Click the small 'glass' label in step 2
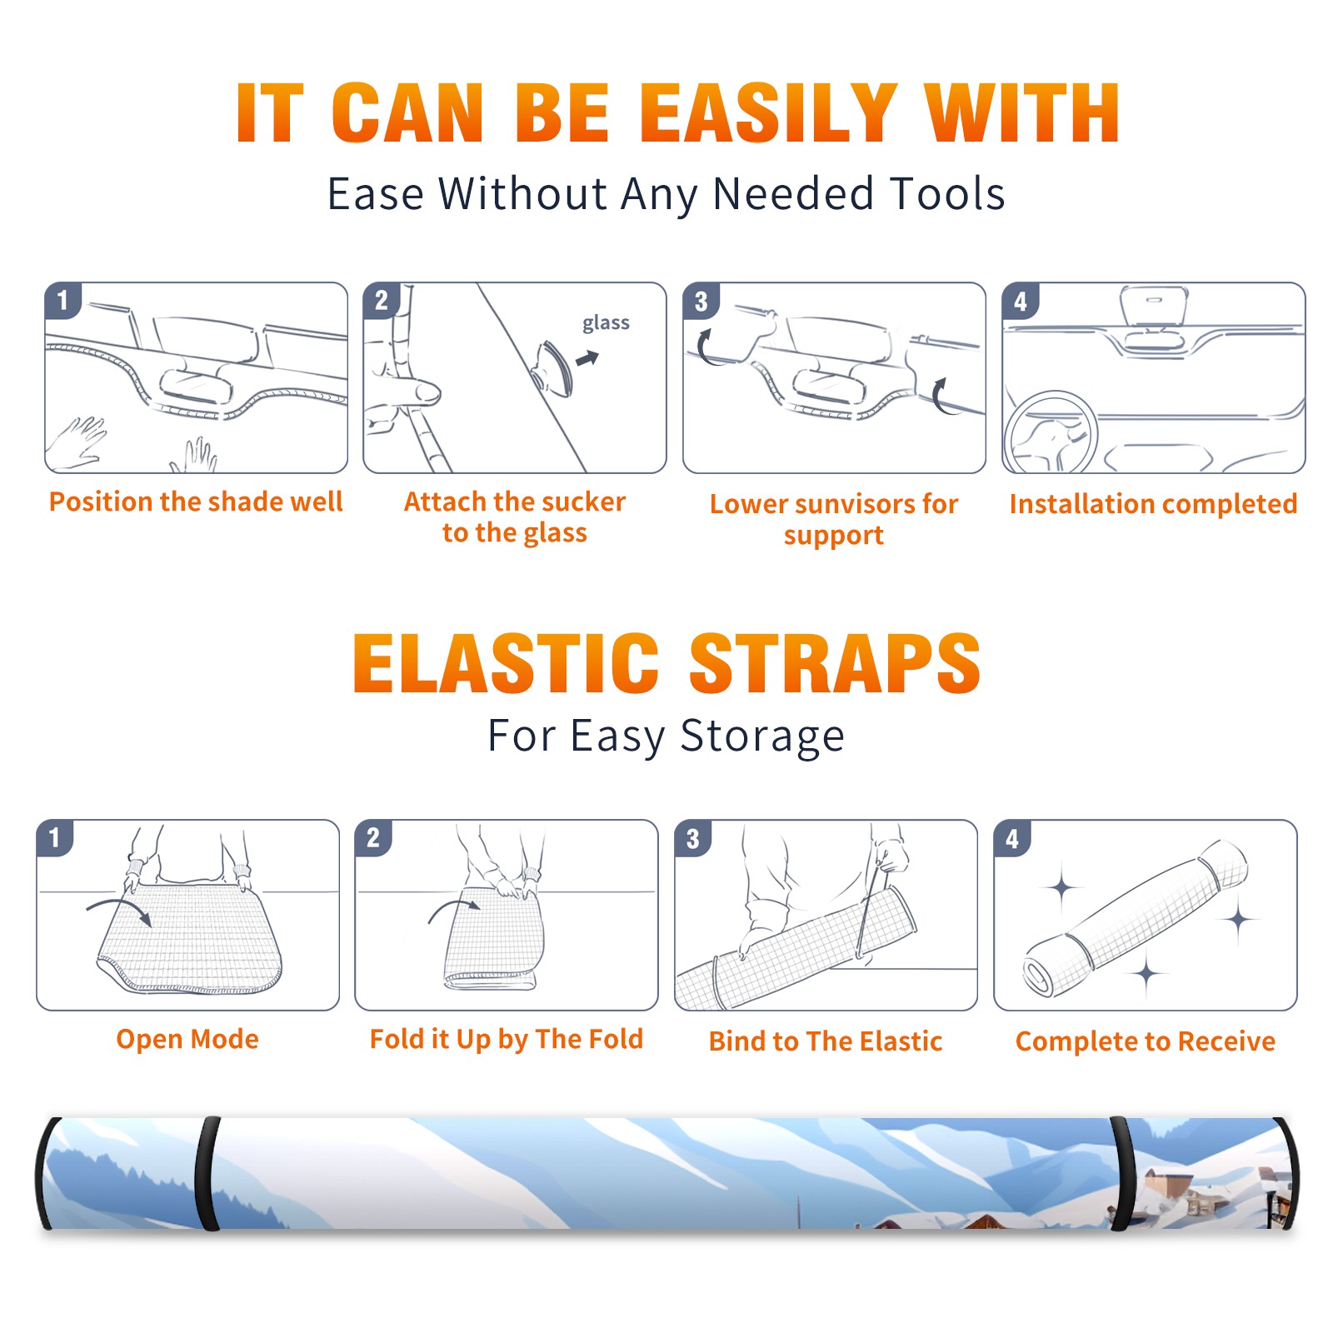click(606, 323)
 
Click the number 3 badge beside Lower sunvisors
click(701, 302)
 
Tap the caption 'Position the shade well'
click(196, 502)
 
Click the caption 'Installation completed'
click(1153, 504)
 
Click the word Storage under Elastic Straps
click(762, 737)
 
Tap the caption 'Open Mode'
click(187, 1039)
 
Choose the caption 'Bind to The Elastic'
click(826, 1041)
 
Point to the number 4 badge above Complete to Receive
click(1011, 838)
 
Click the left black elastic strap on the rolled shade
click(207, 1173)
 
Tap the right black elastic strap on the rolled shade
click(1123, 1173)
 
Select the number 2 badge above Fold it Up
click(372, 838)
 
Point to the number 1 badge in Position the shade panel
click(62, 300)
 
